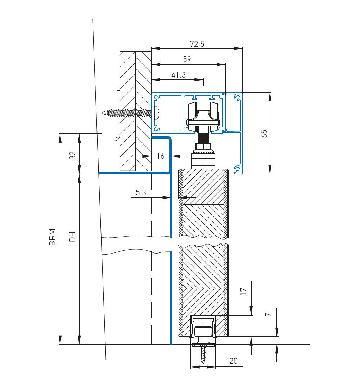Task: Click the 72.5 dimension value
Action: pos(197,44)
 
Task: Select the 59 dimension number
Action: pos(187,59)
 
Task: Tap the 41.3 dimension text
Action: pos(178,75)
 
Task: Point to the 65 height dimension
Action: pos(264,133)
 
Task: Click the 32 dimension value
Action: pos(73,156)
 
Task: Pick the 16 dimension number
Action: pos(161,156)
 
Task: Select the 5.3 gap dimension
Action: pos(141,192)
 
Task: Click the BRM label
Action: pos(52,237)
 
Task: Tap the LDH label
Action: pos(73,239)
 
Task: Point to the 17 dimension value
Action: pos(244,292)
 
